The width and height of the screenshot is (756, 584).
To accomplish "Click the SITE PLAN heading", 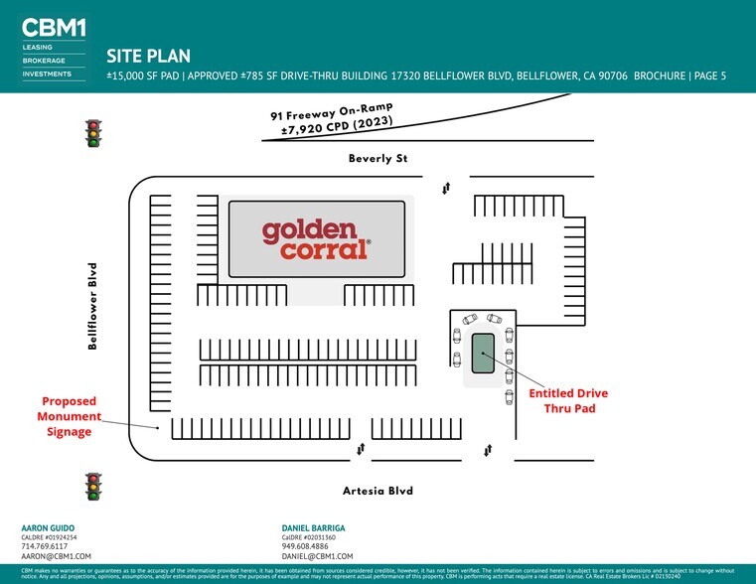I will [148, 57].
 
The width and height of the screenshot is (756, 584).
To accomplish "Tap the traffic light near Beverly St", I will [94, 133].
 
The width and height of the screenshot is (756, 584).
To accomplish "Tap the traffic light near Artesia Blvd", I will [94, 486].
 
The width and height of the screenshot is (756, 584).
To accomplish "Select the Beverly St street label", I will [378, 159].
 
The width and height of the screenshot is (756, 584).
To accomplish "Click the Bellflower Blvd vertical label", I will [92, 306].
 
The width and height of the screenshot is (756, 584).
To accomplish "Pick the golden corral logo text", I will [316, 239].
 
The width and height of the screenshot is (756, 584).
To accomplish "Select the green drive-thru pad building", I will [483, 354].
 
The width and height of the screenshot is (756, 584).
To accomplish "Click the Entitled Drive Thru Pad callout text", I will [567, 400].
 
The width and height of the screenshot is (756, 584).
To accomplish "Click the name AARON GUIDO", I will [48, 527].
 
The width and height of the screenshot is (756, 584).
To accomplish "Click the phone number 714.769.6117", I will [45, 546].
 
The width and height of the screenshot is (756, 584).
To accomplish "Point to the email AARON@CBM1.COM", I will [56, 556].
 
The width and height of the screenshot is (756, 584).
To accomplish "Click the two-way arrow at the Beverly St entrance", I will [446, 187].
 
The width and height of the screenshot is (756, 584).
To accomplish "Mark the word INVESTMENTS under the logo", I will [47, 73].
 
